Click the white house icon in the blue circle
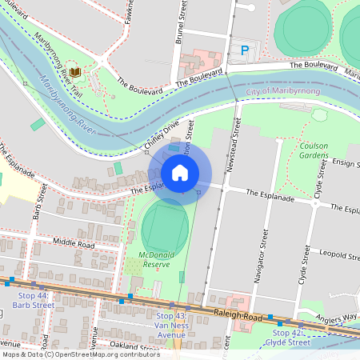click(x=180, y=172)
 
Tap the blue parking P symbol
click(x=244, y=50)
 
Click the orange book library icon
click(x=74, y=73)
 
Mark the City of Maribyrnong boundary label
click(x=283, y=92)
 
